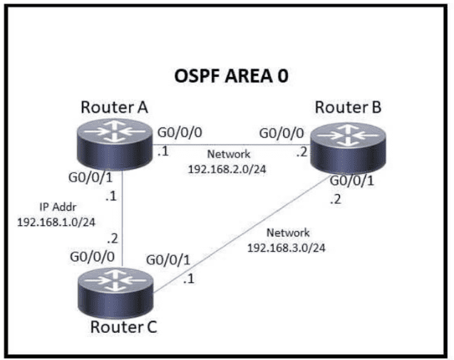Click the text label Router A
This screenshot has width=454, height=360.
point(114,108)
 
